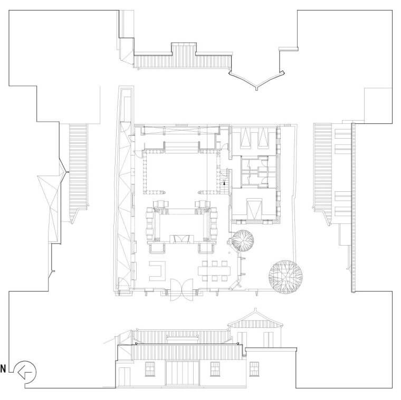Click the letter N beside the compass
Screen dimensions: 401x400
(x=3, y=369)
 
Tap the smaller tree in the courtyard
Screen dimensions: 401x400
(x=243, y=240)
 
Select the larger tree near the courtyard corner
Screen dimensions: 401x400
(x=285, y=277)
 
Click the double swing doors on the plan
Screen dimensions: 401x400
(x=182, y=290)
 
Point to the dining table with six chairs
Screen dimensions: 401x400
(x=214, y=271)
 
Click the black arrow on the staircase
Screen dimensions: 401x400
(x=225, y=183)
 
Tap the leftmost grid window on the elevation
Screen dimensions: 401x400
(x=150, y=369)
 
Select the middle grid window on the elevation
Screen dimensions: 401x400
(x=215, y=369)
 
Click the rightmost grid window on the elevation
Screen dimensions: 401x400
(x=254, y=369)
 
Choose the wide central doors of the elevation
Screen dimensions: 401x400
(x=183, y=373)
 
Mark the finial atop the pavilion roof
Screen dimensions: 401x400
(x=255, y=310)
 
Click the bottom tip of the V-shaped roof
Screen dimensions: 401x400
(x=256, y=90)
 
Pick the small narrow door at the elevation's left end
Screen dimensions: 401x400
(x=125, y=377)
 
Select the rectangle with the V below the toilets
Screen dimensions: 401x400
(x=254, y=209)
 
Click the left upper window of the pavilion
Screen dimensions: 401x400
(x=242, y=339)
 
